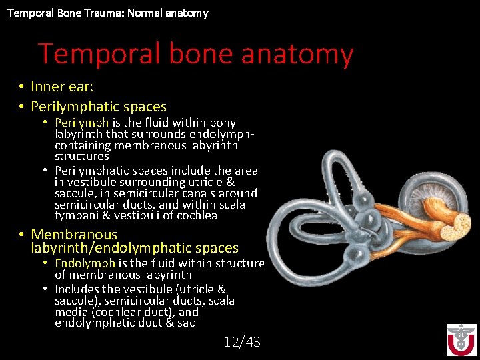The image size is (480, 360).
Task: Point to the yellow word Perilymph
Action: [82, 123]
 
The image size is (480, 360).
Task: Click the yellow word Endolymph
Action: [85, 263]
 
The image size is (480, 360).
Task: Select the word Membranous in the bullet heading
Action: [74, 235]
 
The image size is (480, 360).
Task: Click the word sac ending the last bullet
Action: [186, 323]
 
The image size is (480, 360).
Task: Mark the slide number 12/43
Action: [242, 342]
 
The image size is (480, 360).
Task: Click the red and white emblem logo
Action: [461, 339]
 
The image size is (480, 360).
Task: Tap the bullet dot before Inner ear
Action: [22, 87]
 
